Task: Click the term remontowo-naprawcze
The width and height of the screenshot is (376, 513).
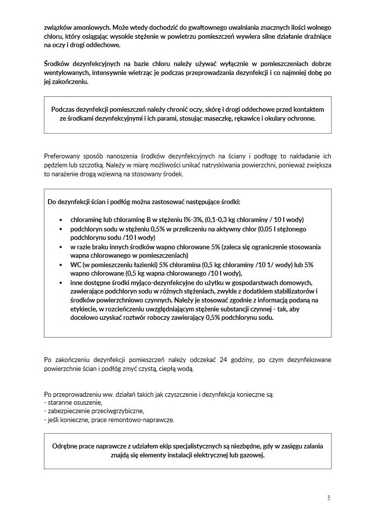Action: [x=144, y=420]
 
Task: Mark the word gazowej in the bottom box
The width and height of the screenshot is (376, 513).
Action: [x=252, y=455]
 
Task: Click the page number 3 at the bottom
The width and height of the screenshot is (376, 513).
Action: [x=328, y=498]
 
